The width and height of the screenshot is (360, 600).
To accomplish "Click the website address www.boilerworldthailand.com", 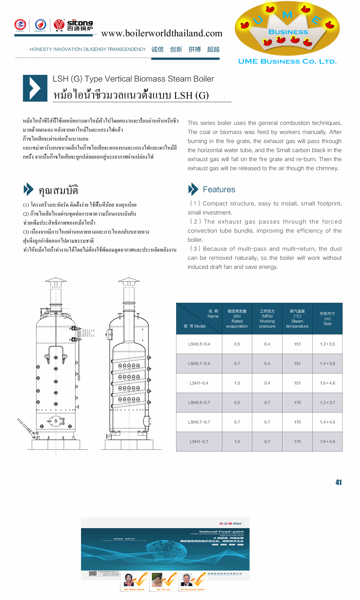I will pos(162,33).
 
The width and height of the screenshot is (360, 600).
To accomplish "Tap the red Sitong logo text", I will pos(80,23).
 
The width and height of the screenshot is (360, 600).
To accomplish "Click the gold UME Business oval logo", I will pos(287,28).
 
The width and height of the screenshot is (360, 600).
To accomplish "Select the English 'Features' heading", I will pos(219,190).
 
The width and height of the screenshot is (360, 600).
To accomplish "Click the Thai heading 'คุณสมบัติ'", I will pos(58,190).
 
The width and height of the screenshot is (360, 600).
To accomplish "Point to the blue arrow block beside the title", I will pos(35,88).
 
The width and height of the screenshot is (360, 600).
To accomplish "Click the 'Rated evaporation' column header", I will pos(237,319).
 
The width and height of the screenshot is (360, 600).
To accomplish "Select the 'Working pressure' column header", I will pos(267,319).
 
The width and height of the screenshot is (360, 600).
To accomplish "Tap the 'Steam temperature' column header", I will pos(297,319).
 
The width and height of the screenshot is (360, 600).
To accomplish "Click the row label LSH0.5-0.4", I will pos(199,344).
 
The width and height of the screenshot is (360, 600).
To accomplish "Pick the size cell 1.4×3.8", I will pos(327,364).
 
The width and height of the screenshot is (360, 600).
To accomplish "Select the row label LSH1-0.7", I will pos(199,442).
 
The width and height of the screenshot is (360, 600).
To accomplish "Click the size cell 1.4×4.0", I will pos(327,422).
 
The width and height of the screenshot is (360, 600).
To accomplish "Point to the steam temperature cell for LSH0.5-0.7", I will pos(297,403).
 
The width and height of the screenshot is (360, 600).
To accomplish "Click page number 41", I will pos(338,482).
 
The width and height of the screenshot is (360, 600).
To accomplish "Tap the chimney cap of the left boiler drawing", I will pos(56,280).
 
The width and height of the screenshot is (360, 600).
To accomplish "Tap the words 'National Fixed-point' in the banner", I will pos(221,532).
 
